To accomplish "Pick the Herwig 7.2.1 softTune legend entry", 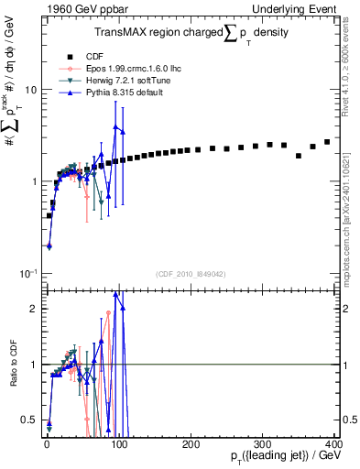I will pyautogui.click(x=118, y=81).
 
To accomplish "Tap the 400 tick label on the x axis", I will pyautogui.click(x=333, y=443).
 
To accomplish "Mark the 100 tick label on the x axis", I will pyautogui.click(x=118, y=443).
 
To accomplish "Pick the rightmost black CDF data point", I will pyautogui.click(x=327, y=142).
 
